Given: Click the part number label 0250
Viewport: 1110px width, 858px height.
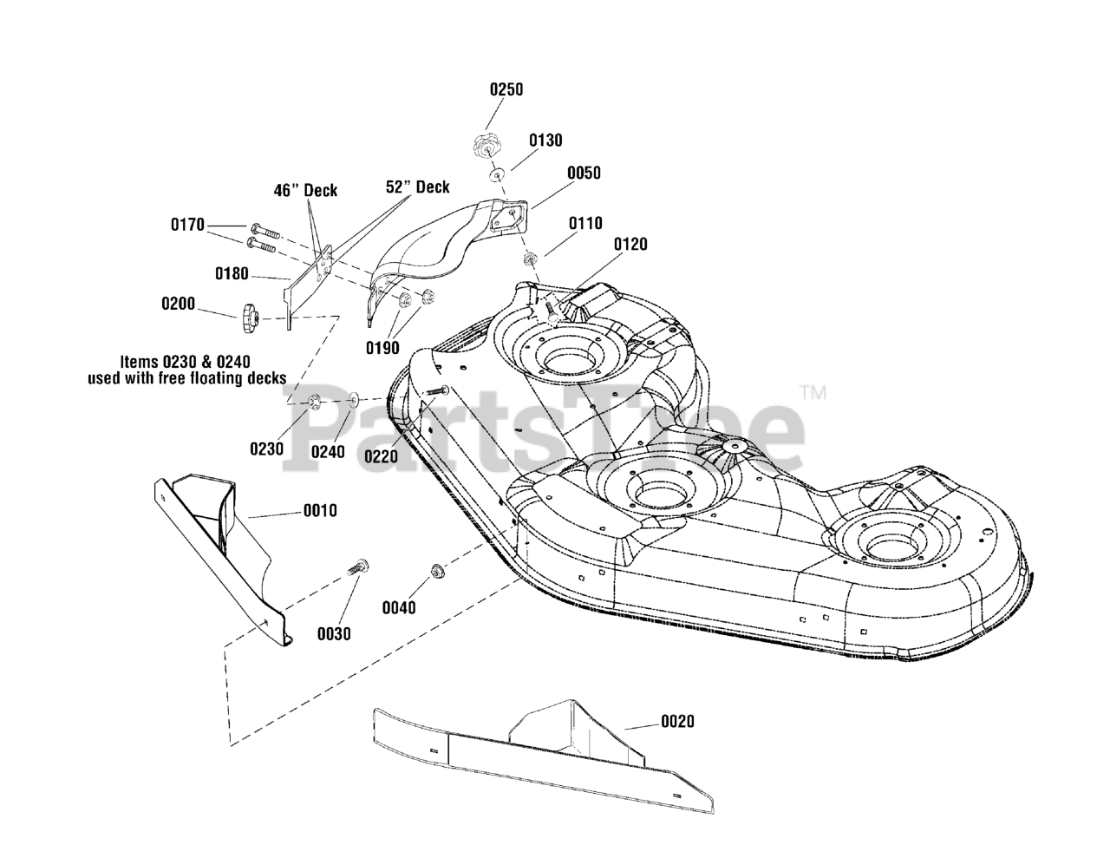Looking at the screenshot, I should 506,89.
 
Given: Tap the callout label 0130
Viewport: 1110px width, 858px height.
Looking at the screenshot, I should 545,141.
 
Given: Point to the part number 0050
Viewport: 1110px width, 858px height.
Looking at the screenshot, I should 584,173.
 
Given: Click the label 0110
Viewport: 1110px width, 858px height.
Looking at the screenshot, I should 585,223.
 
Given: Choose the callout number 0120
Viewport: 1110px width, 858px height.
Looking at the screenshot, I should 630,245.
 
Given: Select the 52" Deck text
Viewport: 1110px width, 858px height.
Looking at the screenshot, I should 418,187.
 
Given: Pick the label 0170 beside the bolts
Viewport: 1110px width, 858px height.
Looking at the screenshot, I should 187,226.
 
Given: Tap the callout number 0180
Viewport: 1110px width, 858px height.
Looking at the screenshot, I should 232,274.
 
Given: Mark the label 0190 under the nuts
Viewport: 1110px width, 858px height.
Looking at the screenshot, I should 382,348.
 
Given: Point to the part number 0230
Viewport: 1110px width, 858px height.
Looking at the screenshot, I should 266,449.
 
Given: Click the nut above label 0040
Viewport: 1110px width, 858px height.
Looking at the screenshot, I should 437,571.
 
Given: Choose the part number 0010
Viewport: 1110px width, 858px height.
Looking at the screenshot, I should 320,511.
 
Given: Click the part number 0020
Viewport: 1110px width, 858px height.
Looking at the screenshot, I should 677,721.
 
